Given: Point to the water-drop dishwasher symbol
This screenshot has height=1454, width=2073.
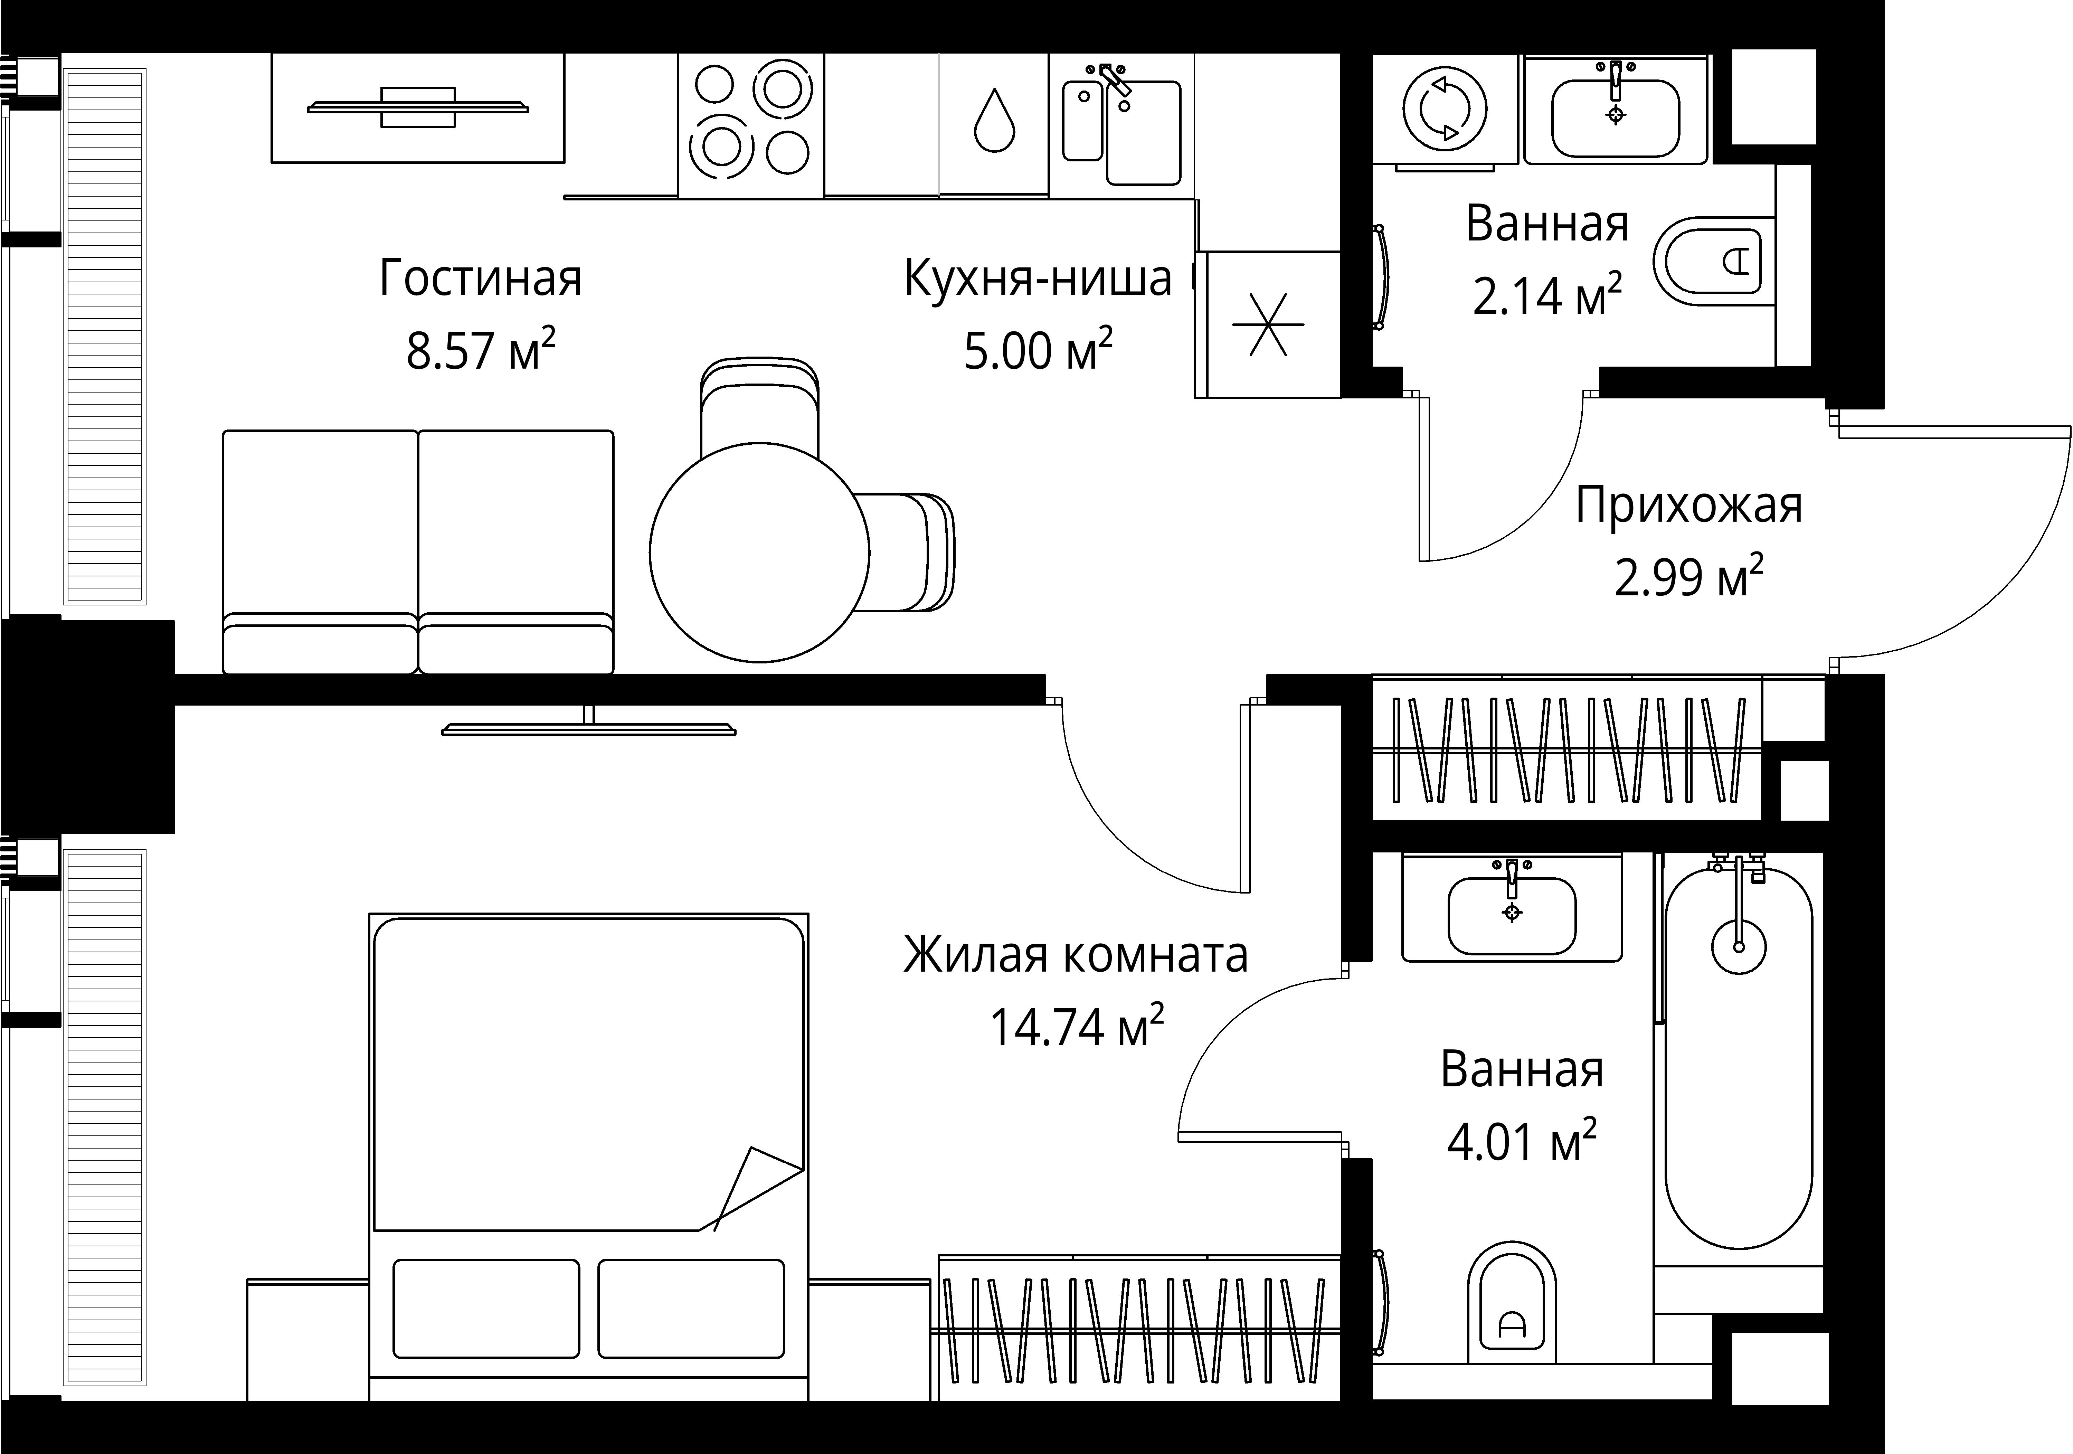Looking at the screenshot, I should [x=994, y=124].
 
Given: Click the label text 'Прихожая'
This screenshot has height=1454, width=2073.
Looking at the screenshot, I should [x=1688, y=506].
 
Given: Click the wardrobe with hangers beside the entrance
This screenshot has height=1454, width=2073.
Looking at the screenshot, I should [x=1566, y=749].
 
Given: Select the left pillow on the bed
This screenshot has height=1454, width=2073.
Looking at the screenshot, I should [x=486, y=1309].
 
